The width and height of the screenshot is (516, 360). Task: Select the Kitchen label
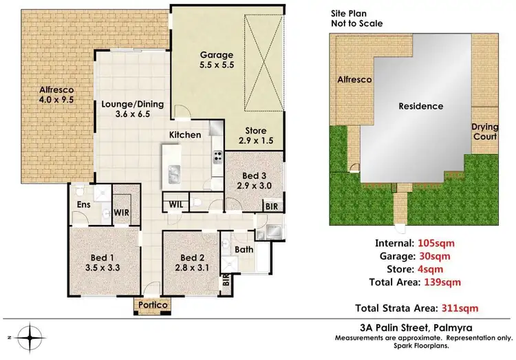point(186,135)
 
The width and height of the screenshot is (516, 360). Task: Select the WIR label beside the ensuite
point(122,213)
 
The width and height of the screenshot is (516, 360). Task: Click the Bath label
point(244,250)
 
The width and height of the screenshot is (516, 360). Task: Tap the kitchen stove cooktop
point(217,156)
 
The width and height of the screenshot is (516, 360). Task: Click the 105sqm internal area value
point(436,244)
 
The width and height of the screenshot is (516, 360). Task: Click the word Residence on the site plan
point(421,107)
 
